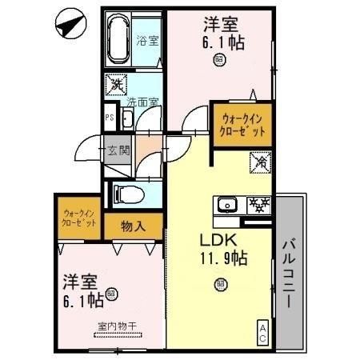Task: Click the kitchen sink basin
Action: (227, 205)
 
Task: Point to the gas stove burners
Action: (258, 205)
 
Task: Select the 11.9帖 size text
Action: (223, 260)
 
